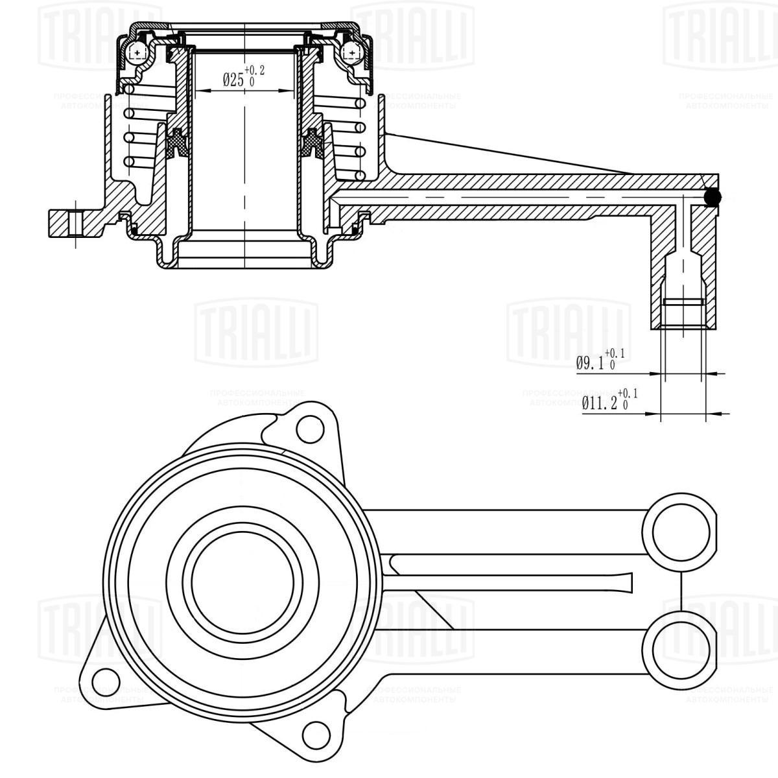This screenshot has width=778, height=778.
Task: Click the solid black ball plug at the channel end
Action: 713,198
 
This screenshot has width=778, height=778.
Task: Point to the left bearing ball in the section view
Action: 137,52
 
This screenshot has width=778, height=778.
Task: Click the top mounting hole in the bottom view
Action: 309,428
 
